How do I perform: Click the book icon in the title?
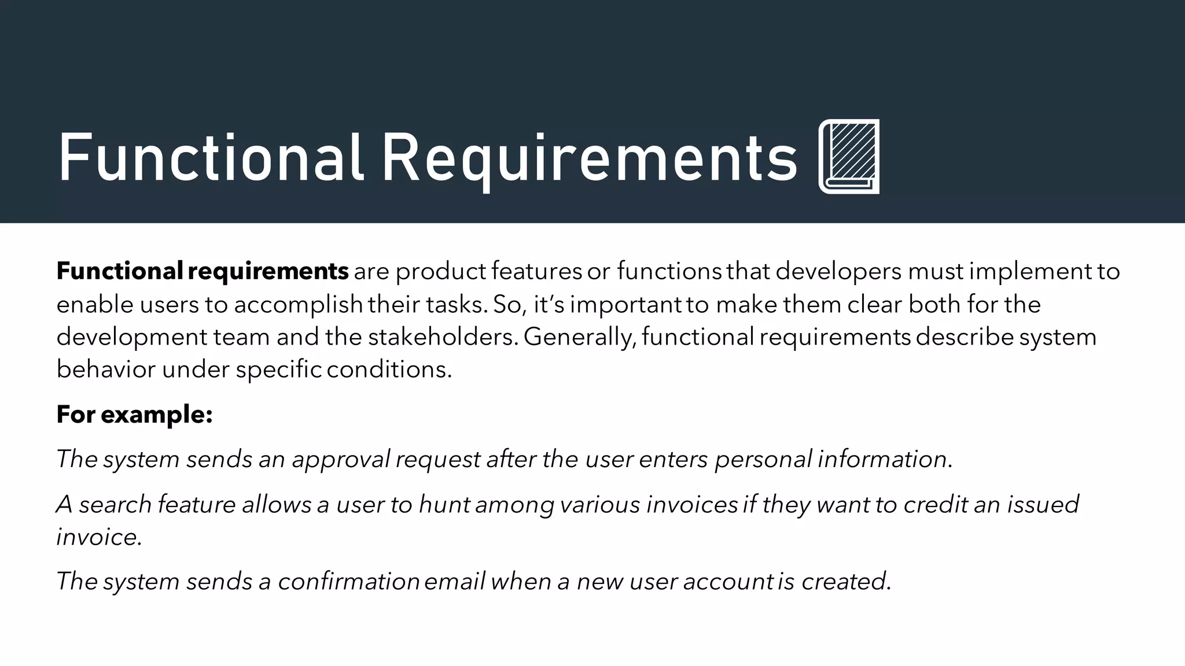(849, 156)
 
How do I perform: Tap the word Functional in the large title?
(211, 158)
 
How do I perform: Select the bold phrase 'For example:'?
(135, 415)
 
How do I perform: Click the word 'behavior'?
(106, 369)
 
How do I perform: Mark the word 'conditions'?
(388, 369)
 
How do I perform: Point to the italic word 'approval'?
(341, 460)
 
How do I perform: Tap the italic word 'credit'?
(936, 505)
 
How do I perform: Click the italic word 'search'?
(115, 505)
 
